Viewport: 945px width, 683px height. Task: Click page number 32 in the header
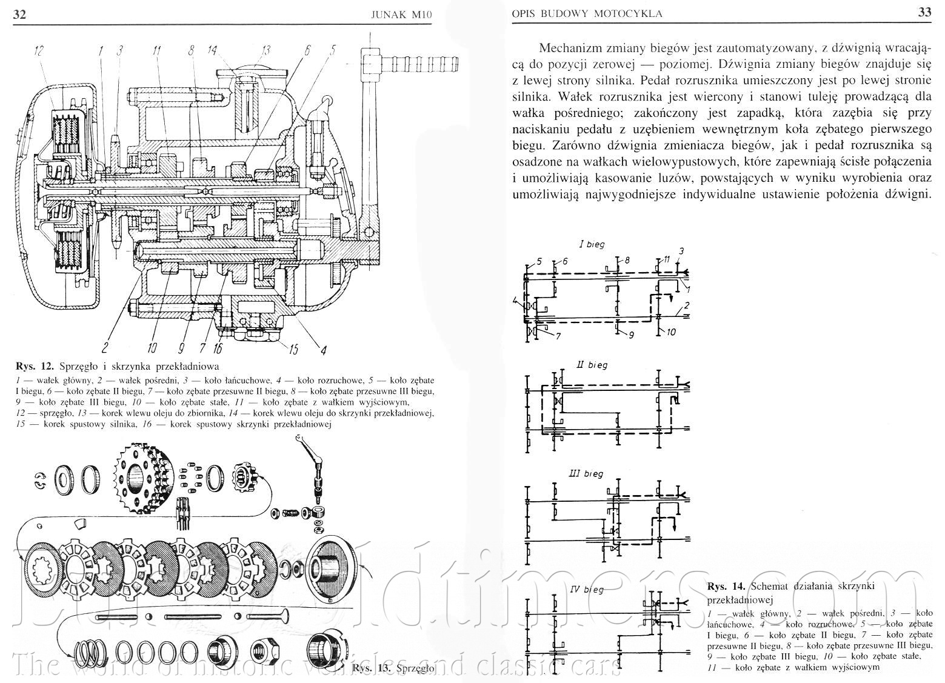tap(19, 14)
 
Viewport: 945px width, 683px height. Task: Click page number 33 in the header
tap(924, 13)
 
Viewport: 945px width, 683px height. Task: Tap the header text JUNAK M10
tap(400, 15)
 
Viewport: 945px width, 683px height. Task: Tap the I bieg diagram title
tap(592, 244)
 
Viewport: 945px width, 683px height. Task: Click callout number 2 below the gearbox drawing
tap(104, 347)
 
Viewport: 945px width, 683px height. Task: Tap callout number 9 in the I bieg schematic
tap(630, 334)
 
